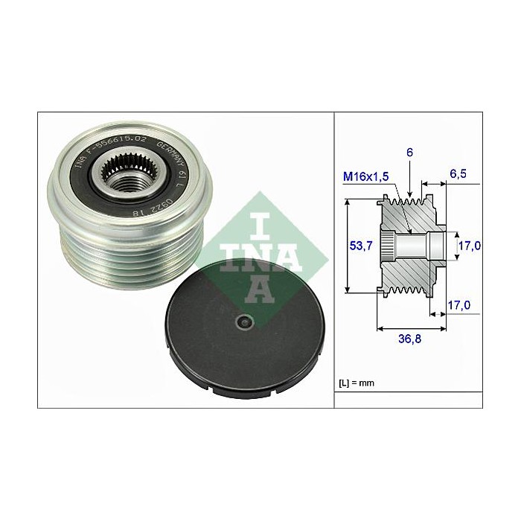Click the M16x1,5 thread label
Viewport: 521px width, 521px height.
pyautogui.click(x=365, y=177)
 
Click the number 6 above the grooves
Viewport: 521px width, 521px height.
pyautogui.click(x=409, y=152)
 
